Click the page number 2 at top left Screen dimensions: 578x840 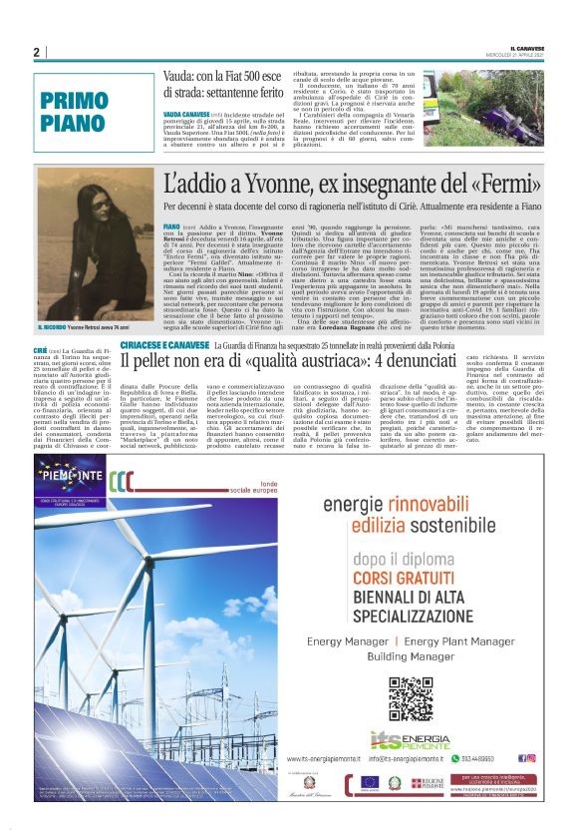[36, 52]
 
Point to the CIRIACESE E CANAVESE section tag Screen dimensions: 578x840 [165, 344]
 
